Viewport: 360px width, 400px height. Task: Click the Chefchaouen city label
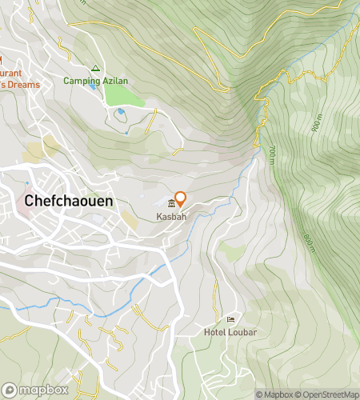[x=69, y=202]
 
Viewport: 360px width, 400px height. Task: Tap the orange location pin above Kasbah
[x=181, y=198]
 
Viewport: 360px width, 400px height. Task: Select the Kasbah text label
[x=172, y=217]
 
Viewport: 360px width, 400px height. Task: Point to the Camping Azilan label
[x=94, y=81]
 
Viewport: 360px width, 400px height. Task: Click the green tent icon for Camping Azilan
[x=95, y=69]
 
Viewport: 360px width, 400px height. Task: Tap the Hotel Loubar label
[x=230, y=332]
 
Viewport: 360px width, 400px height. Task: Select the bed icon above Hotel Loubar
[x=231, y=320]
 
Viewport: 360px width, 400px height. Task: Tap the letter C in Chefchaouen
[x=30, y=202]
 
